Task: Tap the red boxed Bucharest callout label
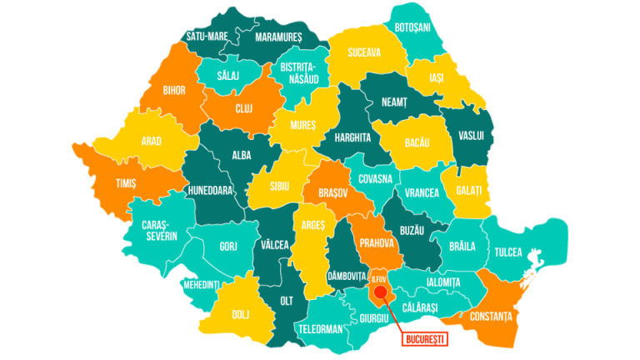pos(425,338)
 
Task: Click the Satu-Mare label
pos(207,37)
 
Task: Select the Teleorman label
pos(319,329)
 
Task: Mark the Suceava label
pos(364,52)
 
